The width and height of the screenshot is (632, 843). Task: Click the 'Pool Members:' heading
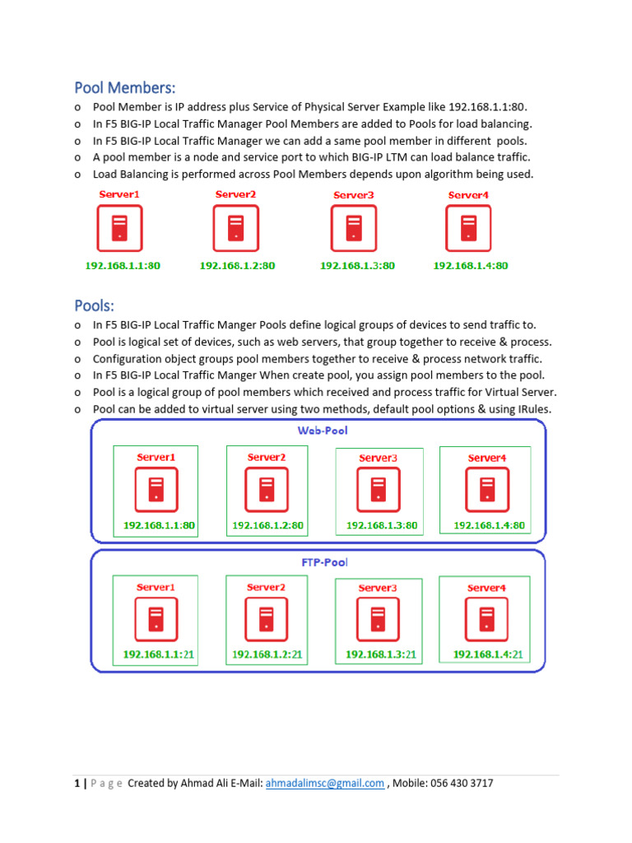pos(125,87)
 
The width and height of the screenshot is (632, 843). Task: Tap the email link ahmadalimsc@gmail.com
pos(324,783)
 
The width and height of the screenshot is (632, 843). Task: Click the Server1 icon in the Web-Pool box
pos(156,489)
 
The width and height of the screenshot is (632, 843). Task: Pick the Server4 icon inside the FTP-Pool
pos(486,619)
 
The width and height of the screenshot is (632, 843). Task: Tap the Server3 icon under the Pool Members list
pos(354,228)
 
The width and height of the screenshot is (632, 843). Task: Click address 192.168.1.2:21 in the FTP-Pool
pos(267,654)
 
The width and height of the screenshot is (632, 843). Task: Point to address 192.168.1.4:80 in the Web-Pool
pos(489,524)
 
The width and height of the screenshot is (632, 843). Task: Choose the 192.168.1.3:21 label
pos(381,654)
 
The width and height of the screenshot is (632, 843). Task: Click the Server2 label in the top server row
pos(236,194)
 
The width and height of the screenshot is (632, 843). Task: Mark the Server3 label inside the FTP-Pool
pos(378,588)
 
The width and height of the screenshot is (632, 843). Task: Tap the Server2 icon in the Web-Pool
pos(267,489)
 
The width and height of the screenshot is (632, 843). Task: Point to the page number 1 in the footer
pos(77,783)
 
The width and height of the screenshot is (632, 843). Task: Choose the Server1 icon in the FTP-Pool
pos(156,619)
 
